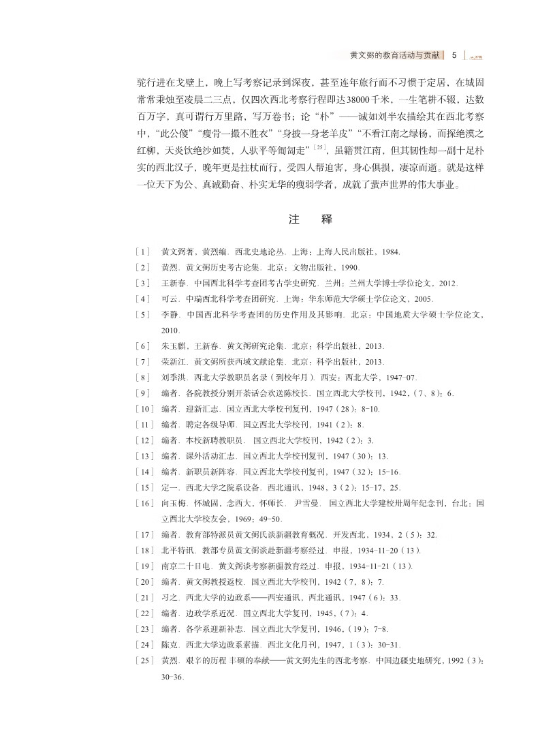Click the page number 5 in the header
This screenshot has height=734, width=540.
(454, 55)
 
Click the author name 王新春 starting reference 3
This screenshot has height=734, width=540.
(173, 282)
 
